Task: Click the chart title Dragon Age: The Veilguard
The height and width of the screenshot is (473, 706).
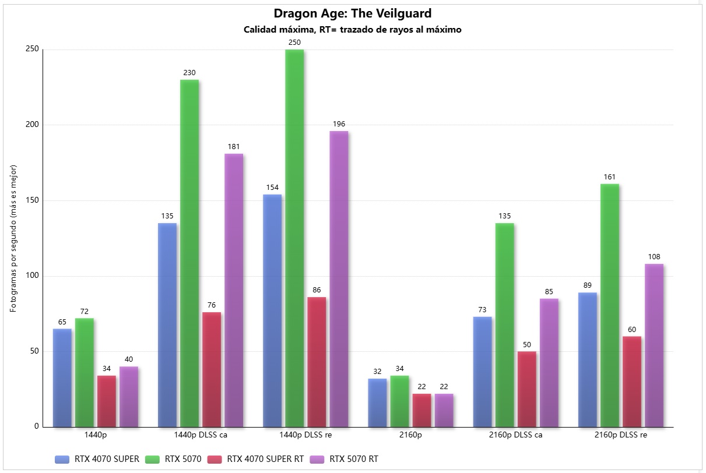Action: pos(352,13)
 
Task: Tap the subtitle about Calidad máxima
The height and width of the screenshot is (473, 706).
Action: pos(352,30)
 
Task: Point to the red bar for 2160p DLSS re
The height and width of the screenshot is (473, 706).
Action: pos(631,382)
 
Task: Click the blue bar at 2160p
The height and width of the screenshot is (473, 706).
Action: pos(377,403)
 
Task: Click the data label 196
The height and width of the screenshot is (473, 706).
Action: pos(339,124)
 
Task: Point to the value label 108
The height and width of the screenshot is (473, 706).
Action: pos(654,257)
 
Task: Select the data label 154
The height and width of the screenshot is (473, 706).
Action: pos(272,188)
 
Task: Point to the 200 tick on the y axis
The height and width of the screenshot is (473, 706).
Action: pos(32,125)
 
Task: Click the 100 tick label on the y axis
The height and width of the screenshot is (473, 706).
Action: pos(32,276)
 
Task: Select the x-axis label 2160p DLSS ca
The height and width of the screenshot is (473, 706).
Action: pos(515,435)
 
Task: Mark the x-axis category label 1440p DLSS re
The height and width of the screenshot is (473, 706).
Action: pos(305,435)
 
